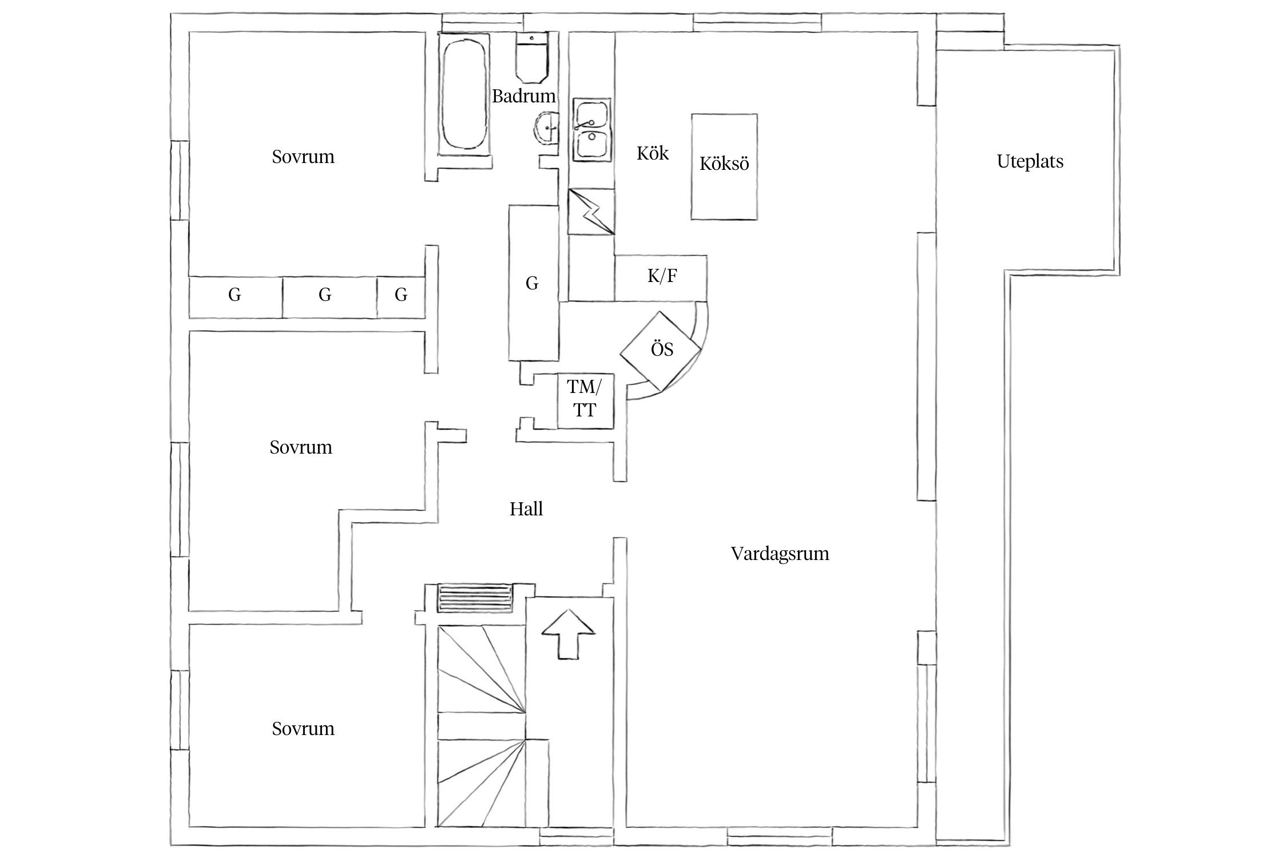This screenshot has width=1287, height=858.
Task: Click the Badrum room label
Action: pyautogui.click(x=523, y=96)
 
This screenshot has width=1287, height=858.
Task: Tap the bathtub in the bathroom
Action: pyautogui.click(x=464, y=94)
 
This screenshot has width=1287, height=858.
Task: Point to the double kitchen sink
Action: pyautogui.click(x=593, y=130)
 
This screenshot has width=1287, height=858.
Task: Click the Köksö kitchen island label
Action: pyautogui.click(x=724, y=164)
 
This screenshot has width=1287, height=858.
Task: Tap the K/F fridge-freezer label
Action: pyautogui.click(x=662, y=277)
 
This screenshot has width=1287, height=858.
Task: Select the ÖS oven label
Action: pyautogui.click(x=662, y=350)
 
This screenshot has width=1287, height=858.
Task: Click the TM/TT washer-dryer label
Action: pyautogui.click(x=584, y=399)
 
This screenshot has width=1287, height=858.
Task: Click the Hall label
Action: pyautogui.click(x=526, y=509)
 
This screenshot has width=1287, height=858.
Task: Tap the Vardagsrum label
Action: pyautogui.click(x=780, y=554)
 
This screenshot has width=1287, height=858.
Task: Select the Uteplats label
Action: pyautogui.click(x=1030, y=162)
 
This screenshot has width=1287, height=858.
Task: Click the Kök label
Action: pyautogui.click(x=652, y=153)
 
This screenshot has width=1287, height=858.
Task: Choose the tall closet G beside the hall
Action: pyautogui.click(x=533, y=283)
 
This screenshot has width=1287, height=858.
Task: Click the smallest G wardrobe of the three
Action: pyautogui.click(x=401, y=296)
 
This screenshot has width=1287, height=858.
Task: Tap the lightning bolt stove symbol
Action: pyautogui.click(x=591, y=212)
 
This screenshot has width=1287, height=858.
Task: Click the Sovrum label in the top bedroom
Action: pyautogui.click(x=303, y=157)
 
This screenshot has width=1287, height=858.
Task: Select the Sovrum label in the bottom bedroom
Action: pyautogui.click(x=303, y=729)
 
